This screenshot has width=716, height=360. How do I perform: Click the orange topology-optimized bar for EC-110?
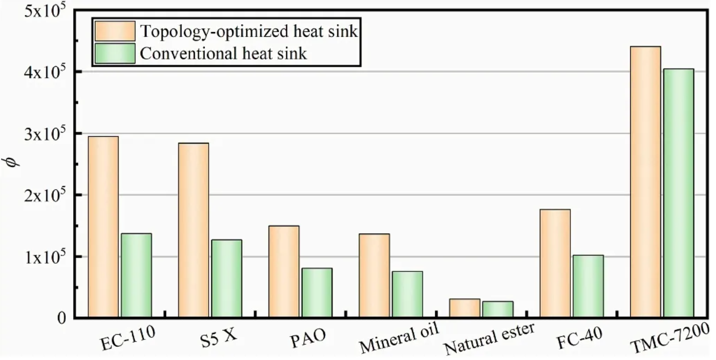coord(103,227)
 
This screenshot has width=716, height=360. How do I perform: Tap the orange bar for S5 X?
coord(193,230)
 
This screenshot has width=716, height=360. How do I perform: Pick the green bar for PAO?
coord(317,293)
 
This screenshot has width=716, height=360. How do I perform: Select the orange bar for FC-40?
coord(555,263)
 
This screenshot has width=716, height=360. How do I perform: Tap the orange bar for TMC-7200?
coord(645,182)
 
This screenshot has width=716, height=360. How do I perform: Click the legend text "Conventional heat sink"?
coord(223,53)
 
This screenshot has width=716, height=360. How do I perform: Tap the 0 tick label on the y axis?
coord(62,318)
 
